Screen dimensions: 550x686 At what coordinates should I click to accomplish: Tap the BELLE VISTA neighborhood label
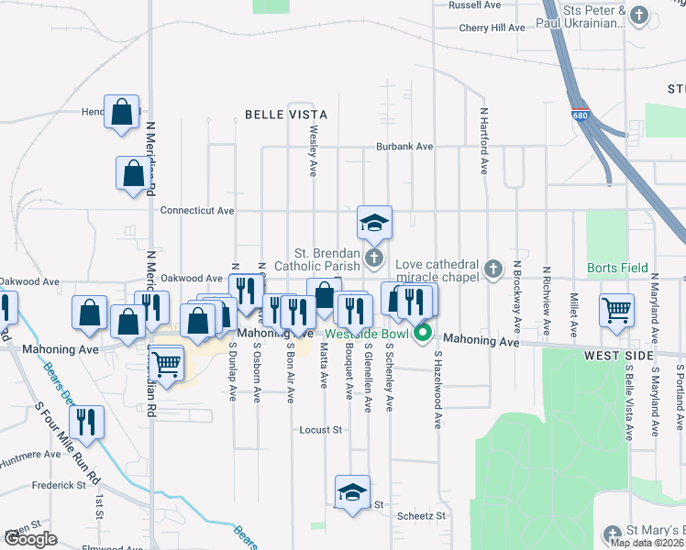[x=285, y=115]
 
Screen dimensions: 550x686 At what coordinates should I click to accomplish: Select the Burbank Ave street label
[x=404, y=147]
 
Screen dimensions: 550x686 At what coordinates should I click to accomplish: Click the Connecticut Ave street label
[x=197, y=210]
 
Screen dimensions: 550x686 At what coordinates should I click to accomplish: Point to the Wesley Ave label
[x=314, y=151]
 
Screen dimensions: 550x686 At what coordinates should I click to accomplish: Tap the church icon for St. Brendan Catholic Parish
[x=373, y=259]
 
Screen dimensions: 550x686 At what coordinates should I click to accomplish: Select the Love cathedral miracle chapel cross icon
[x=493, y=269]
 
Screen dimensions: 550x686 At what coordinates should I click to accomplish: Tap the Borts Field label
[x=623, y=269]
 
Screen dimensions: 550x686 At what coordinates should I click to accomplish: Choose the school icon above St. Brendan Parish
[x=374, y=222]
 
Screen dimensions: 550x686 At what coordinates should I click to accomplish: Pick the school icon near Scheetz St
[x=351, y=492]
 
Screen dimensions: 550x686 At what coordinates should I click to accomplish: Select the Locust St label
[x=321, y=429]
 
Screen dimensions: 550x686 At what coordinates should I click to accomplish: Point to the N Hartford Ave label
[x=483, y=140]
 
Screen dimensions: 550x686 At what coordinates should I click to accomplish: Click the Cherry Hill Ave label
[x=492, y=28]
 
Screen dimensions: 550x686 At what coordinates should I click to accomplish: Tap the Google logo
[x=30, y=539]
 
